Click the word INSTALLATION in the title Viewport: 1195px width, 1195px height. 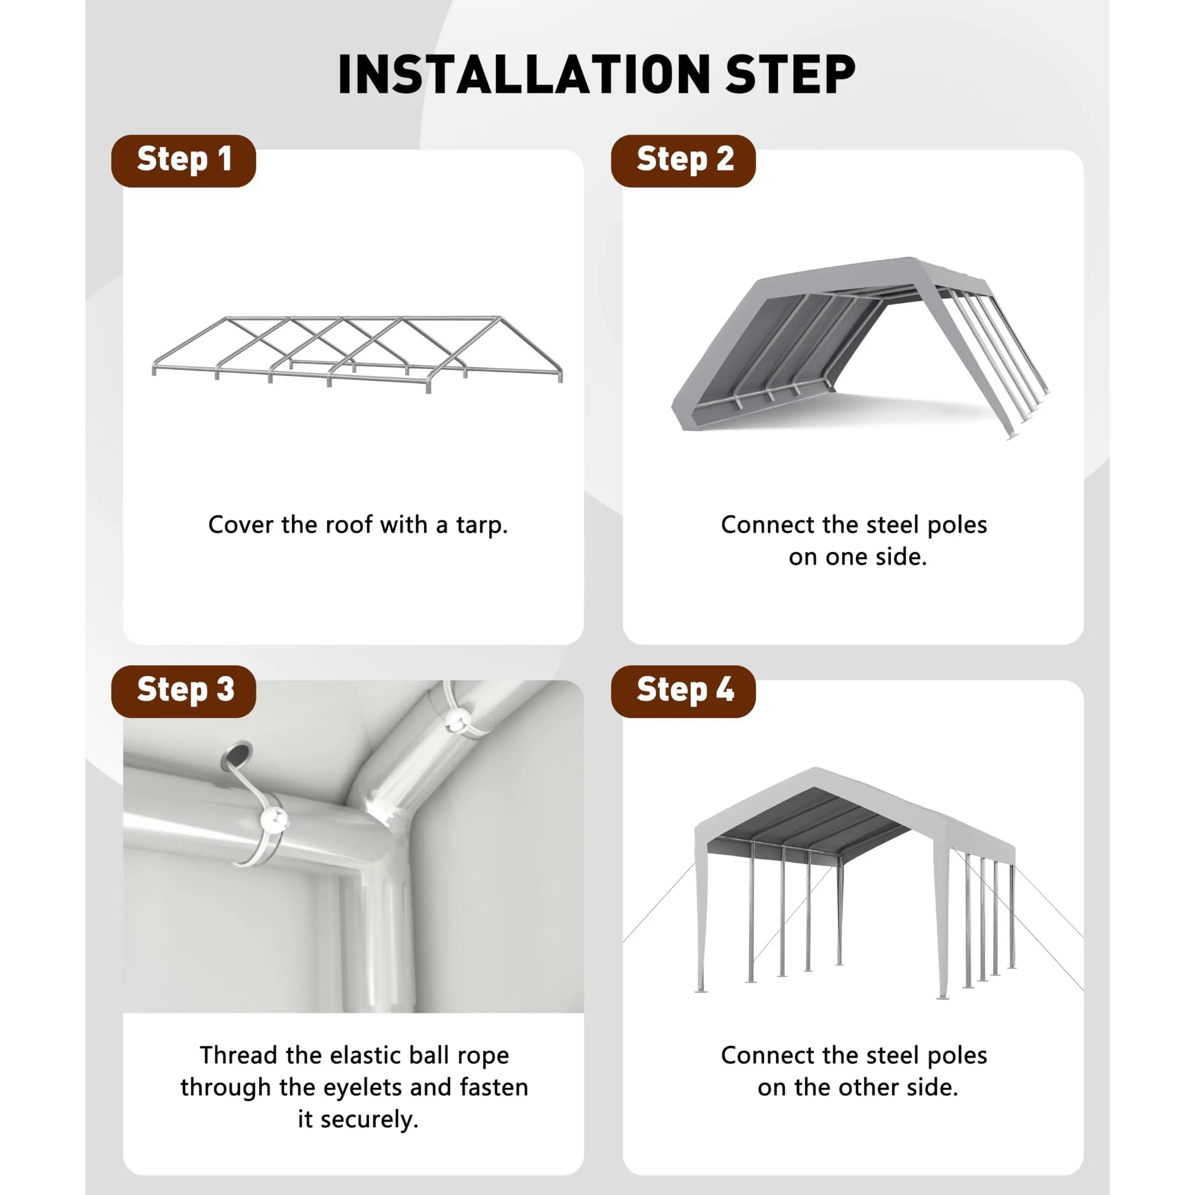click(x=525, y=74)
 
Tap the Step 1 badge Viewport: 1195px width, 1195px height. click(x=184, y=161)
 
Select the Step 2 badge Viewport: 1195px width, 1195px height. click(x=683, y=161)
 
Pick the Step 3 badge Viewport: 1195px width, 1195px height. click(x=184, y=691)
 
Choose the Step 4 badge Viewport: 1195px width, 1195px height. click(x=683, y=691)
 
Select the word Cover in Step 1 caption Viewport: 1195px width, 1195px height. click(x=240, y=525)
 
